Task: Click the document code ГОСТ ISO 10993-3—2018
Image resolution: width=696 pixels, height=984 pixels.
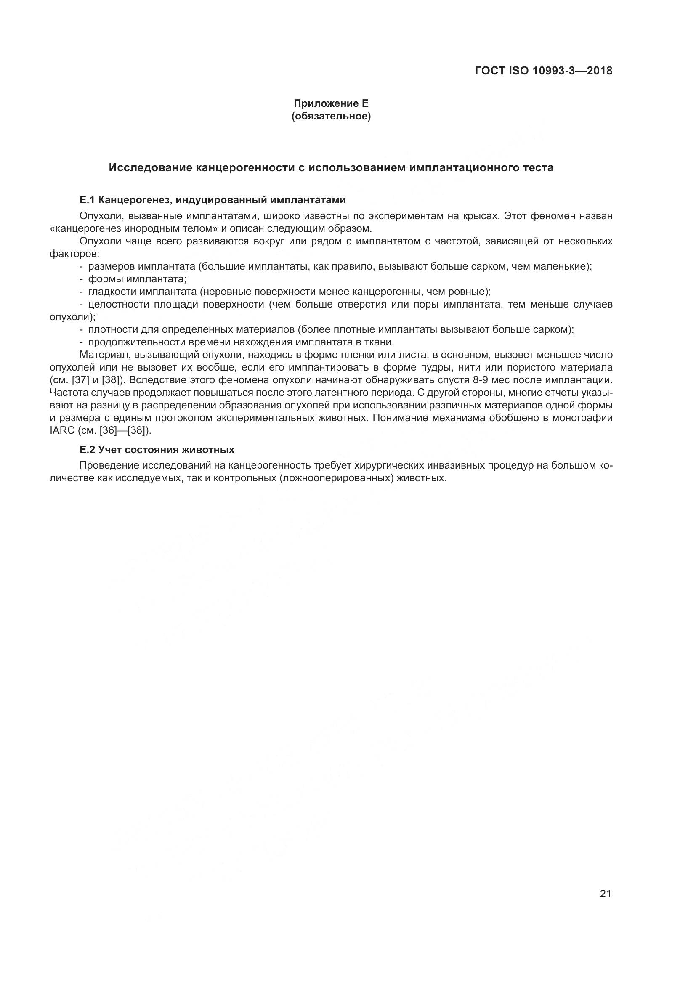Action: click(543, 71)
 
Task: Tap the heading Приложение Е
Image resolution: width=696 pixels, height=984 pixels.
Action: click(331, 103)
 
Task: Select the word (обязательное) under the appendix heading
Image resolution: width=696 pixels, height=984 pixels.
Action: click(331, 116)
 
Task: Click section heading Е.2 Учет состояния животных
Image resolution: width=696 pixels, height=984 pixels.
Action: click(157, 450)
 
